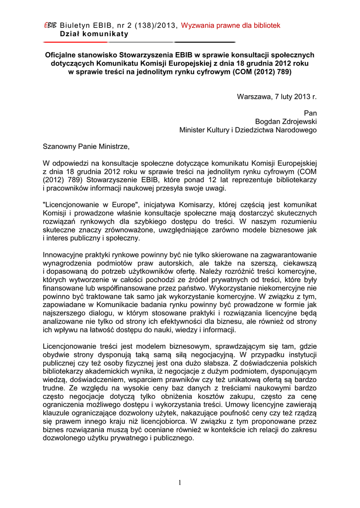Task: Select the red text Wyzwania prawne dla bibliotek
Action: [231, 25]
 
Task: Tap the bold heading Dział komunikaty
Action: [94, 34]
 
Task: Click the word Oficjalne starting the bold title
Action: [62, 55]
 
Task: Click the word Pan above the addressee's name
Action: [310, 113]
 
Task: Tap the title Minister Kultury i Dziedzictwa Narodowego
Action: [248, 130]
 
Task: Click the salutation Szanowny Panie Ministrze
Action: [86, 147]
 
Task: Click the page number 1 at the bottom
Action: [180, 484]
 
